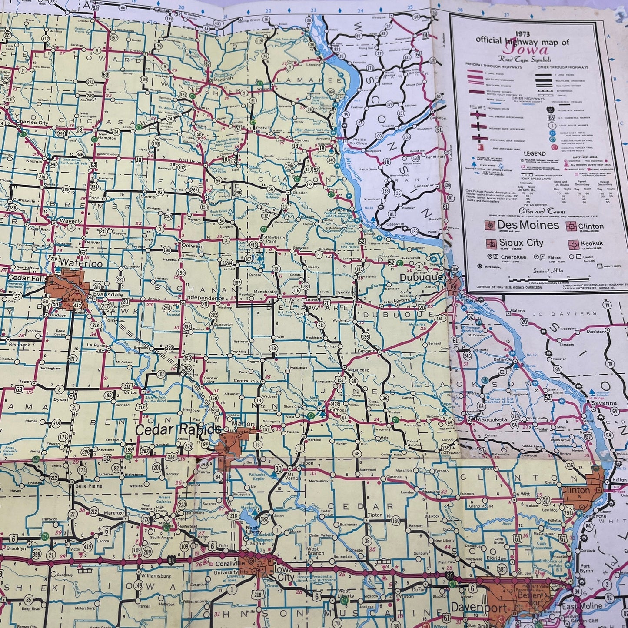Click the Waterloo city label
78,263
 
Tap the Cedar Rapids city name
178,430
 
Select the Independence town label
204,298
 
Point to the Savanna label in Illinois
603,403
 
